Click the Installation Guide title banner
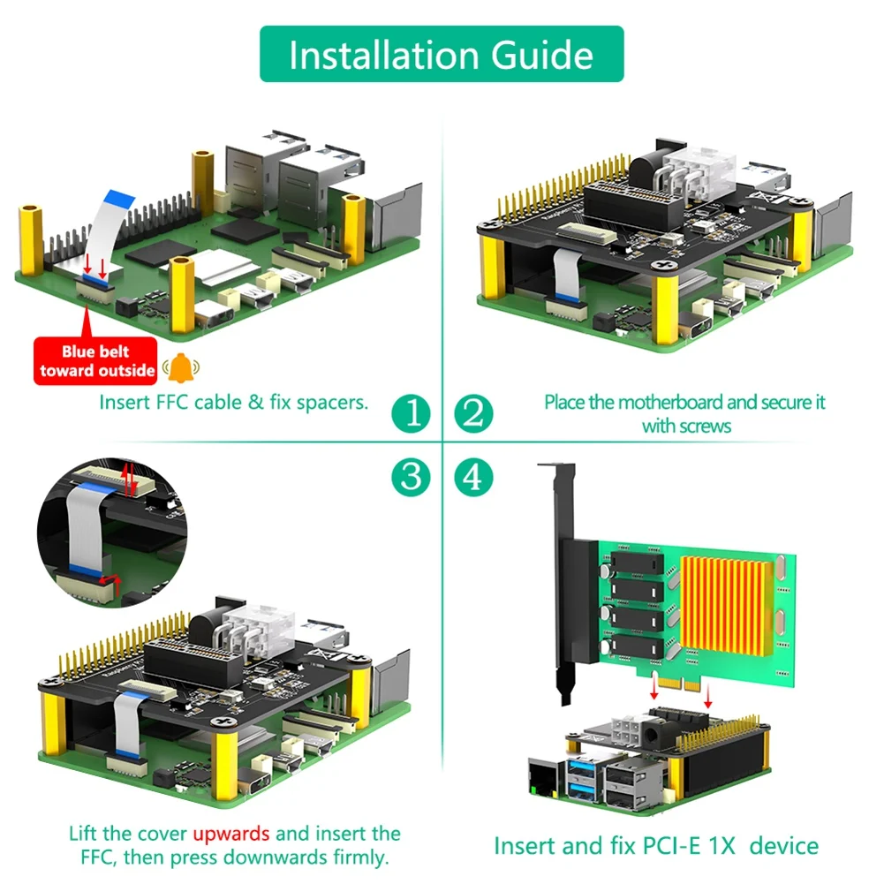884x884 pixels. pyautogui.click(x=441, y=55)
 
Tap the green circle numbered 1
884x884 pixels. pyautogui.click(x=411, y=412)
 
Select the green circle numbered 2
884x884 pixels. pyautogui.click(x=473, y=412)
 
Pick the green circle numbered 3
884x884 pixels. pyautogui.click(x=411, y=478)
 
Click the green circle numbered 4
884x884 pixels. pyautogui.click(x=473, y=478)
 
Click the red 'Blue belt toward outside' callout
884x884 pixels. pyautogui.click(x=95, y=361)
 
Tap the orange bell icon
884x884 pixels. pyautogui.click(x=180, y=365)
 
